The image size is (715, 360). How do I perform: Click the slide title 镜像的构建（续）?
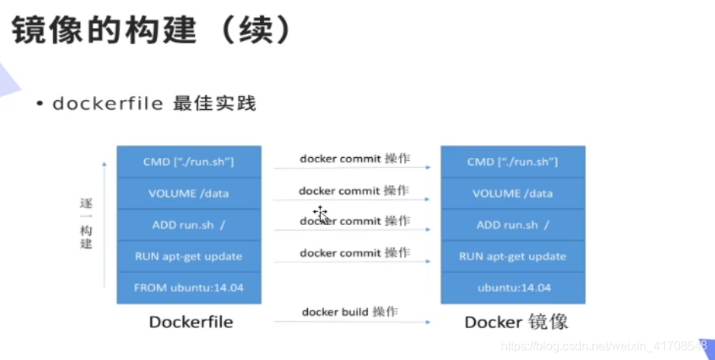(x=152, y=30)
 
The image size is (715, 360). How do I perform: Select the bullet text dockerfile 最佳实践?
(x=154, y=104)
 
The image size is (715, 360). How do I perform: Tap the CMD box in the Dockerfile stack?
(x=189, y=162)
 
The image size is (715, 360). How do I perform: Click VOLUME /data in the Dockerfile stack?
(x=189, y=194)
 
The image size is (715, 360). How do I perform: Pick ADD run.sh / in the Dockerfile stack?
(x=189, y=225)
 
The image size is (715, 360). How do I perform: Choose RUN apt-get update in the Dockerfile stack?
(x=189, y=256)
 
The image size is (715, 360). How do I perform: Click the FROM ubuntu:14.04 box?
(x=189, y=288)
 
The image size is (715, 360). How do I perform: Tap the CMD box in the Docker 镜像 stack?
(x=513, y=162)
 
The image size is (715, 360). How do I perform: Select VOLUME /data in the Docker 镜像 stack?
(x=513, y=194)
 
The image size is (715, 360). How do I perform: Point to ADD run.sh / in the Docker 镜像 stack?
(x=513, y=225)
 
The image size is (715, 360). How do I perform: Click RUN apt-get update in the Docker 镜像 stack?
(x=513, y=256)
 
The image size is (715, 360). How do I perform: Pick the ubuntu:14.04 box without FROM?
(x=513, y=288)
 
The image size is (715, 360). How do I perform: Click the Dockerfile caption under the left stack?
(x=191, y=322)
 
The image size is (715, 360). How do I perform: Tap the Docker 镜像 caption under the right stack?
(x=516, y=322)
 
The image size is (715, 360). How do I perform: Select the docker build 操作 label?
(x=350, y=312)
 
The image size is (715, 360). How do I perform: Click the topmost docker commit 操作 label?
(x=354, y=159)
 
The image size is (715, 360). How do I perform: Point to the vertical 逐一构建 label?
(x=86, y=223)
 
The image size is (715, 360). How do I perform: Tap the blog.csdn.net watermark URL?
(x=604, y=346)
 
